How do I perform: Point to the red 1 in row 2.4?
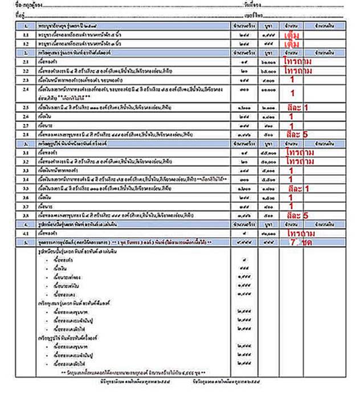coord(292,93)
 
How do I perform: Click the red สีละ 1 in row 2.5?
coord(298,107)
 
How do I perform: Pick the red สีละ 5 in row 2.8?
coord(298,135)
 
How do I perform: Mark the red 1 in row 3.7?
coord(292,206)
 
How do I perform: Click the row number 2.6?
coord(26,116)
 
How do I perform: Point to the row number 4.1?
coord(26,233)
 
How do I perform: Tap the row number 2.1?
coord(26,61)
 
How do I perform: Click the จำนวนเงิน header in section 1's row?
coord(316,26)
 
